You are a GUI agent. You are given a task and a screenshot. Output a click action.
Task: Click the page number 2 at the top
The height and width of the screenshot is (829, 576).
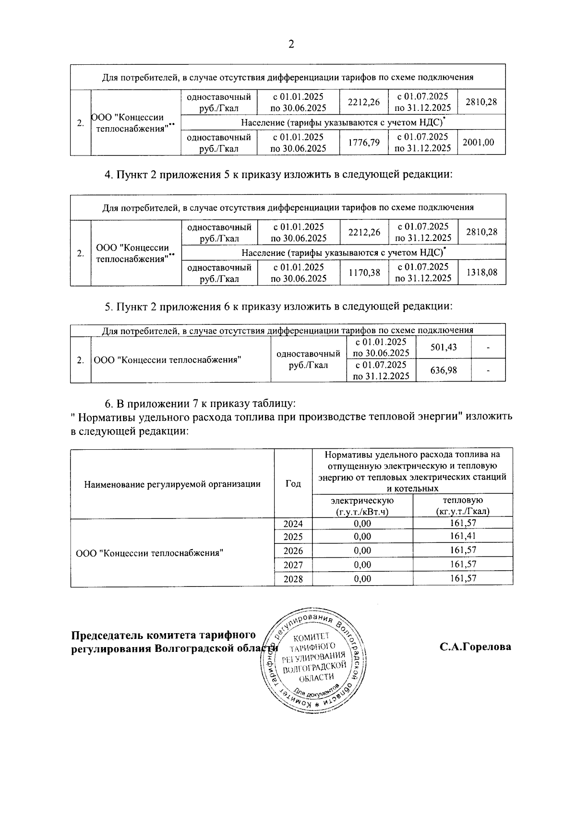pos(290,45)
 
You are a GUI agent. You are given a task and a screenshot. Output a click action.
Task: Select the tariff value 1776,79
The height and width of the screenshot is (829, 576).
pos(363,142)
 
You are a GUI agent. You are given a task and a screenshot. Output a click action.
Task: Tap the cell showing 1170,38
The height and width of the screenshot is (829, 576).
pos(364,273)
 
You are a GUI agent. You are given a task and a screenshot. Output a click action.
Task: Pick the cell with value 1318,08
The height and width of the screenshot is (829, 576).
pos(482,272)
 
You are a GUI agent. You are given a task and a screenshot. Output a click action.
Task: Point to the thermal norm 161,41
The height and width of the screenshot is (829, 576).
pos(463,536)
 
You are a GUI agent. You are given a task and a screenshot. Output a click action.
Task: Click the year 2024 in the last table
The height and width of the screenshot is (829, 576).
pos(293,524)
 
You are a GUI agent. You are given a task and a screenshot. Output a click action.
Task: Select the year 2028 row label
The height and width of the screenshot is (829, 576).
pos(293,579)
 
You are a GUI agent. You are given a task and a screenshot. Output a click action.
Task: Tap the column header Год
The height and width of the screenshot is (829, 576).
pos(293,484)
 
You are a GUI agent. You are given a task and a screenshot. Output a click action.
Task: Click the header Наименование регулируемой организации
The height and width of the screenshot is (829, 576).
pos(172,484)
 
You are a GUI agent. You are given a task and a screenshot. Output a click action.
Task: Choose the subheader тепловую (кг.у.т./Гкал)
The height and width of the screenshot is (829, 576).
pos(463,506)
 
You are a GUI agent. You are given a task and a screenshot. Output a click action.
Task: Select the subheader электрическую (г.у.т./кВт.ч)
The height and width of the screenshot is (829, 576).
pos(362,506)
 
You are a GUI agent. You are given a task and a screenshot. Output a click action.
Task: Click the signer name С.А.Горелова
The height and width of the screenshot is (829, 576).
pos(475,647)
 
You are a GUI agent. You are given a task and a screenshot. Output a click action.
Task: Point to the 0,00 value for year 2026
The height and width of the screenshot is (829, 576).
pos(362,551)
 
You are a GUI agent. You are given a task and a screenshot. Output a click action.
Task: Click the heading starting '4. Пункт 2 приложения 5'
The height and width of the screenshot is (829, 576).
pos(278,174)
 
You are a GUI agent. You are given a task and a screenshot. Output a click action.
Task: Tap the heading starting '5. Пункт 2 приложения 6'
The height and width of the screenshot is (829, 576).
pos(278,306)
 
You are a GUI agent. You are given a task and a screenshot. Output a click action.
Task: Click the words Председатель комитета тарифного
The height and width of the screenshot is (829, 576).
pos(163,636)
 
